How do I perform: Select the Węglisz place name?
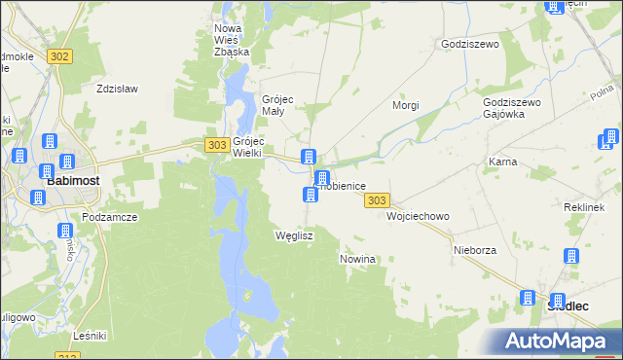[x=294, y=235]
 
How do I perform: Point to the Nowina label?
[x=357, y=260]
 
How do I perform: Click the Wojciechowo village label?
[x=418, y=216]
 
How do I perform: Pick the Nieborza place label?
[x=475, y=250]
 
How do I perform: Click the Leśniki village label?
[x=90, y=336]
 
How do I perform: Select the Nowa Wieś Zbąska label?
[x=232, y=40]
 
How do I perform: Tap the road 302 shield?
[x=59, y=56]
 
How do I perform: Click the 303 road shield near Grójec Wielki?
[x=217, y=144]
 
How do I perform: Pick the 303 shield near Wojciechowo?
[x=378, y=199]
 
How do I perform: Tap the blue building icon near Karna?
[x=612, y=137]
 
